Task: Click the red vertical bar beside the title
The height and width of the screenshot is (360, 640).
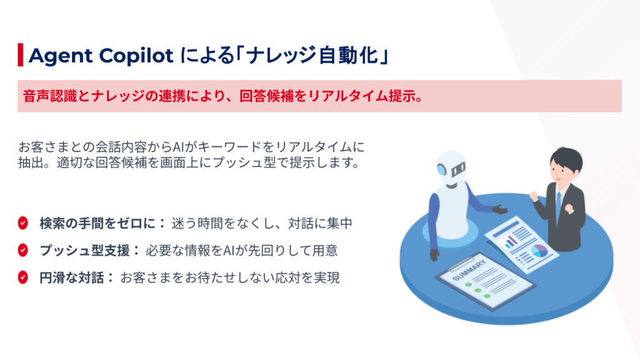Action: point(21,55)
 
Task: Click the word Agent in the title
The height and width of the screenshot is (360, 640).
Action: point(61,56)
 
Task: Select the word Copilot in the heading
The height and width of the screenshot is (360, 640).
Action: point(136,56)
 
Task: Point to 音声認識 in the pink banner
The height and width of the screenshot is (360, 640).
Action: point(50,96)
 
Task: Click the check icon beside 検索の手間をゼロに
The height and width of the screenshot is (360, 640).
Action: point(23,223)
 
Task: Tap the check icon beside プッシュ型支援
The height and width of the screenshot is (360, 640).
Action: point(23,250)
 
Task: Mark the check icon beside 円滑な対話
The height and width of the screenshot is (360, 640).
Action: point(23,277)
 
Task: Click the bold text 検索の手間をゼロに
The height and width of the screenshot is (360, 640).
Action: point(97,223)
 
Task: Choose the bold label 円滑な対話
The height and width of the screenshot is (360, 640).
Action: point(71,278)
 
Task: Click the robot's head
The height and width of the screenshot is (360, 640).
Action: point(451,168)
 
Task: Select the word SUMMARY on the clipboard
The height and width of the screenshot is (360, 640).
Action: point(469,270)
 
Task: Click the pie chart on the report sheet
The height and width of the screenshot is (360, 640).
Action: point(539,251)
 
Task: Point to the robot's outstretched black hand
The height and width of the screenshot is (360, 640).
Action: point(500,209)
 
